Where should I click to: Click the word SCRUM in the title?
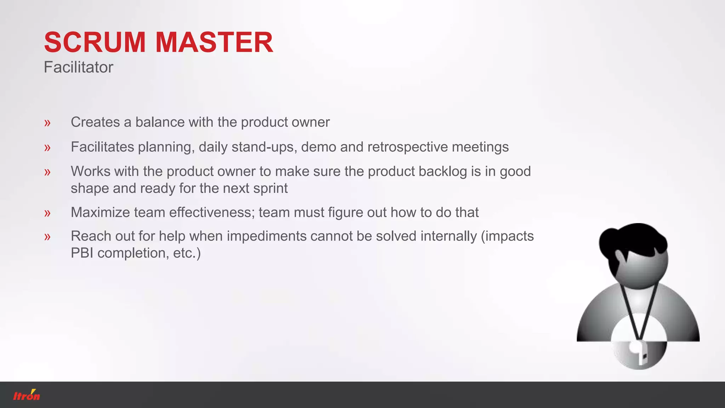[95, 42]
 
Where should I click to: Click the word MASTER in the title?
[214, 42]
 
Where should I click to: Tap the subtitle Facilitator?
[78, 67]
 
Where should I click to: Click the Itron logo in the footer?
[27, 395]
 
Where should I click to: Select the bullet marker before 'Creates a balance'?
[47, 123]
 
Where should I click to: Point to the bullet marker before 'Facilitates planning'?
[47, 148]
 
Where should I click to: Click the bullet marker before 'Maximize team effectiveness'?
[47, 213]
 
